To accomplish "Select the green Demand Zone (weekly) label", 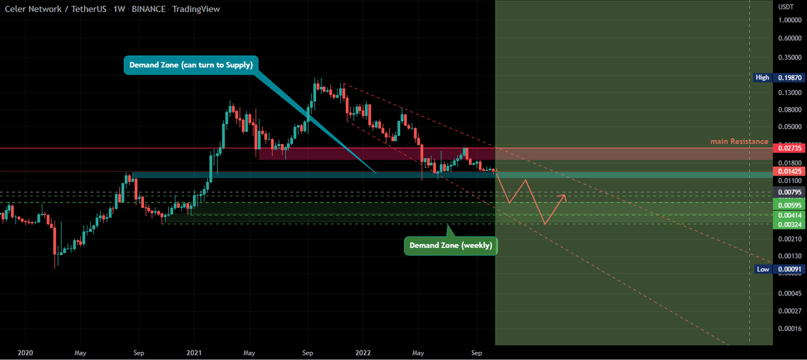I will [x=451, y=246].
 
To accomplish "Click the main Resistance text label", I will [x=739, y=141].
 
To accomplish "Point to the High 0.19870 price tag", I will [x=779, y=77].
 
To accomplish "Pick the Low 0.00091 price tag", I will [x=779, y=269].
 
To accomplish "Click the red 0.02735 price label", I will [x=788, y=148].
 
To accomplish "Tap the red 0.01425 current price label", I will [x=788, y=172].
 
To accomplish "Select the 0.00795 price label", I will [x=788, y=193].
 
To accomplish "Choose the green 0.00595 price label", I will [x=788, y=205].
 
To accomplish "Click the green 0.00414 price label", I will [x=788, y=215].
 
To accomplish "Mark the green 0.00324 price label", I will [x=788, y=224].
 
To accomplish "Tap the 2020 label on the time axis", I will [x=25, y=352].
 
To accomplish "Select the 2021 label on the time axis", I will [x=194, y=352].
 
